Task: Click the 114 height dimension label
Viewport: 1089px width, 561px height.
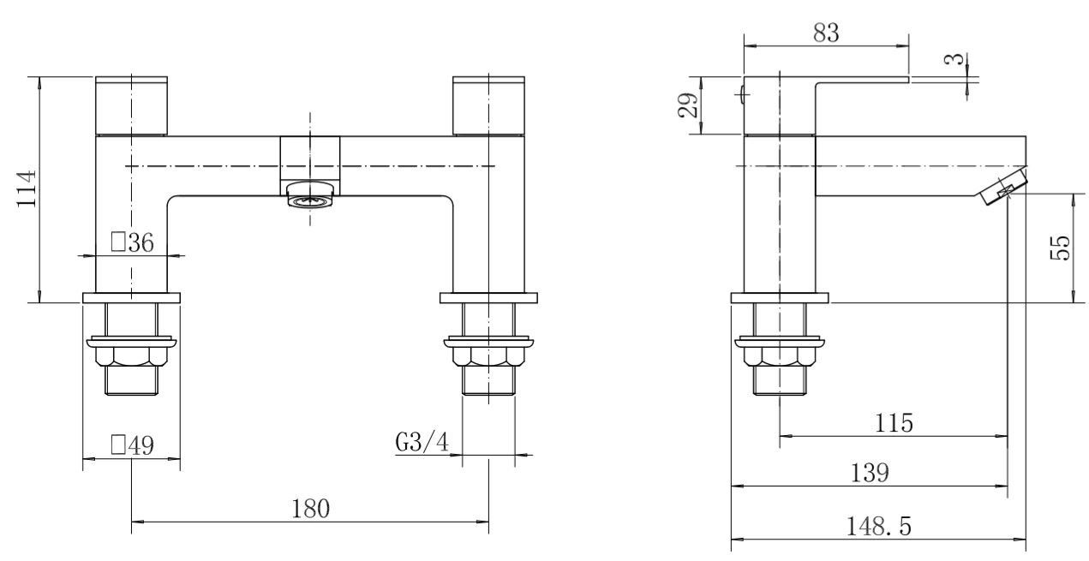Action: click(27, 189)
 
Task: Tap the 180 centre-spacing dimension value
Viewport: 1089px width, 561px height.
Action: click(310, 509)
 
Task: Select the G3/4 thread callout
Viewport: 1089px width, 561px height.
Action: click(422, 444)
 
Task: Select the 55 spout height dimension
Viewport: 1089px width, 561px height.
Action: click(1061, 248)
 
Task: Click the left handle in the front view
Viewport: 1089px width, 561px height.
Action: click(132, 106)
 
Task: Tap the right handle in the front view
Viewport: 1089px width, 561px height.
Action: click(488, 106)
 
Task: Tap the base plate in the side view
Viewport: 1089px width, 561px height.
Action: click(780, 298)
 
